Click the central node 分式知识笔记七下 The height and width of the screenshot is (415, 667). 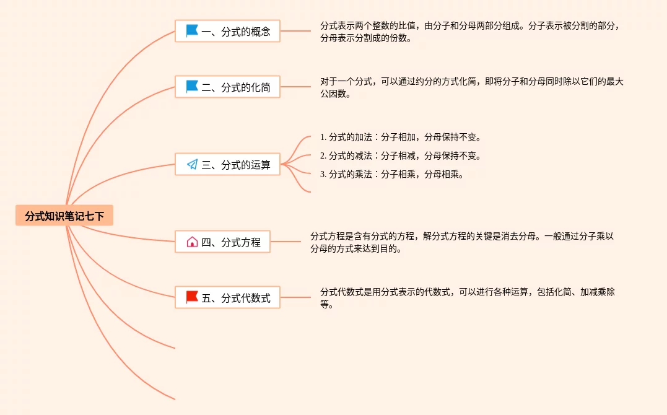tap(64, 216)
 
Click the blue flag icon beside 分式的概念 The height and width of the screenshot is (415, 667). tap(192, 30)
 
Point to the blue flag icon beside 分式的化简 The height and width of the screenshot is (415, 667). tap(192, 86)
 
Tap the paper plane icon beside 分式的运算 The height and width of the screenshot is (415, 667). tap(192, 164)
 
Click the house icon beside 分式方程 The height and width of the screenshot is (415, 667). tap(192, 242)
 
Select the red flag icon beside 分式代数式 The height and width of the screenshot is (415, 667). tap(192, 297)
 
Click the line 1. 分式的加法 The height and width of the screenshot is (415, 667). tap(400, 137)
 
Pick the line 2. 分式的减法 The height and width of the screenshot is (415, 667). tap(400, 155)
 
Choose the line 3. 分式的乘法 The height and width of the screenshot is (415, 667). tap(391, 174)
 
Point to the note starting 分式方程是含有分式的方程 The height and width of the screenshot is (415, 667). tap(462, 242)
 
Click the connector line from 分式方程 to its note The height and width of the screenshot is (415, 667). tap(290, 242)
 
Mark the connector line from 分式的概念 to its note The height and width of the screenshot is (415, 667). tap(295, 31)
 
